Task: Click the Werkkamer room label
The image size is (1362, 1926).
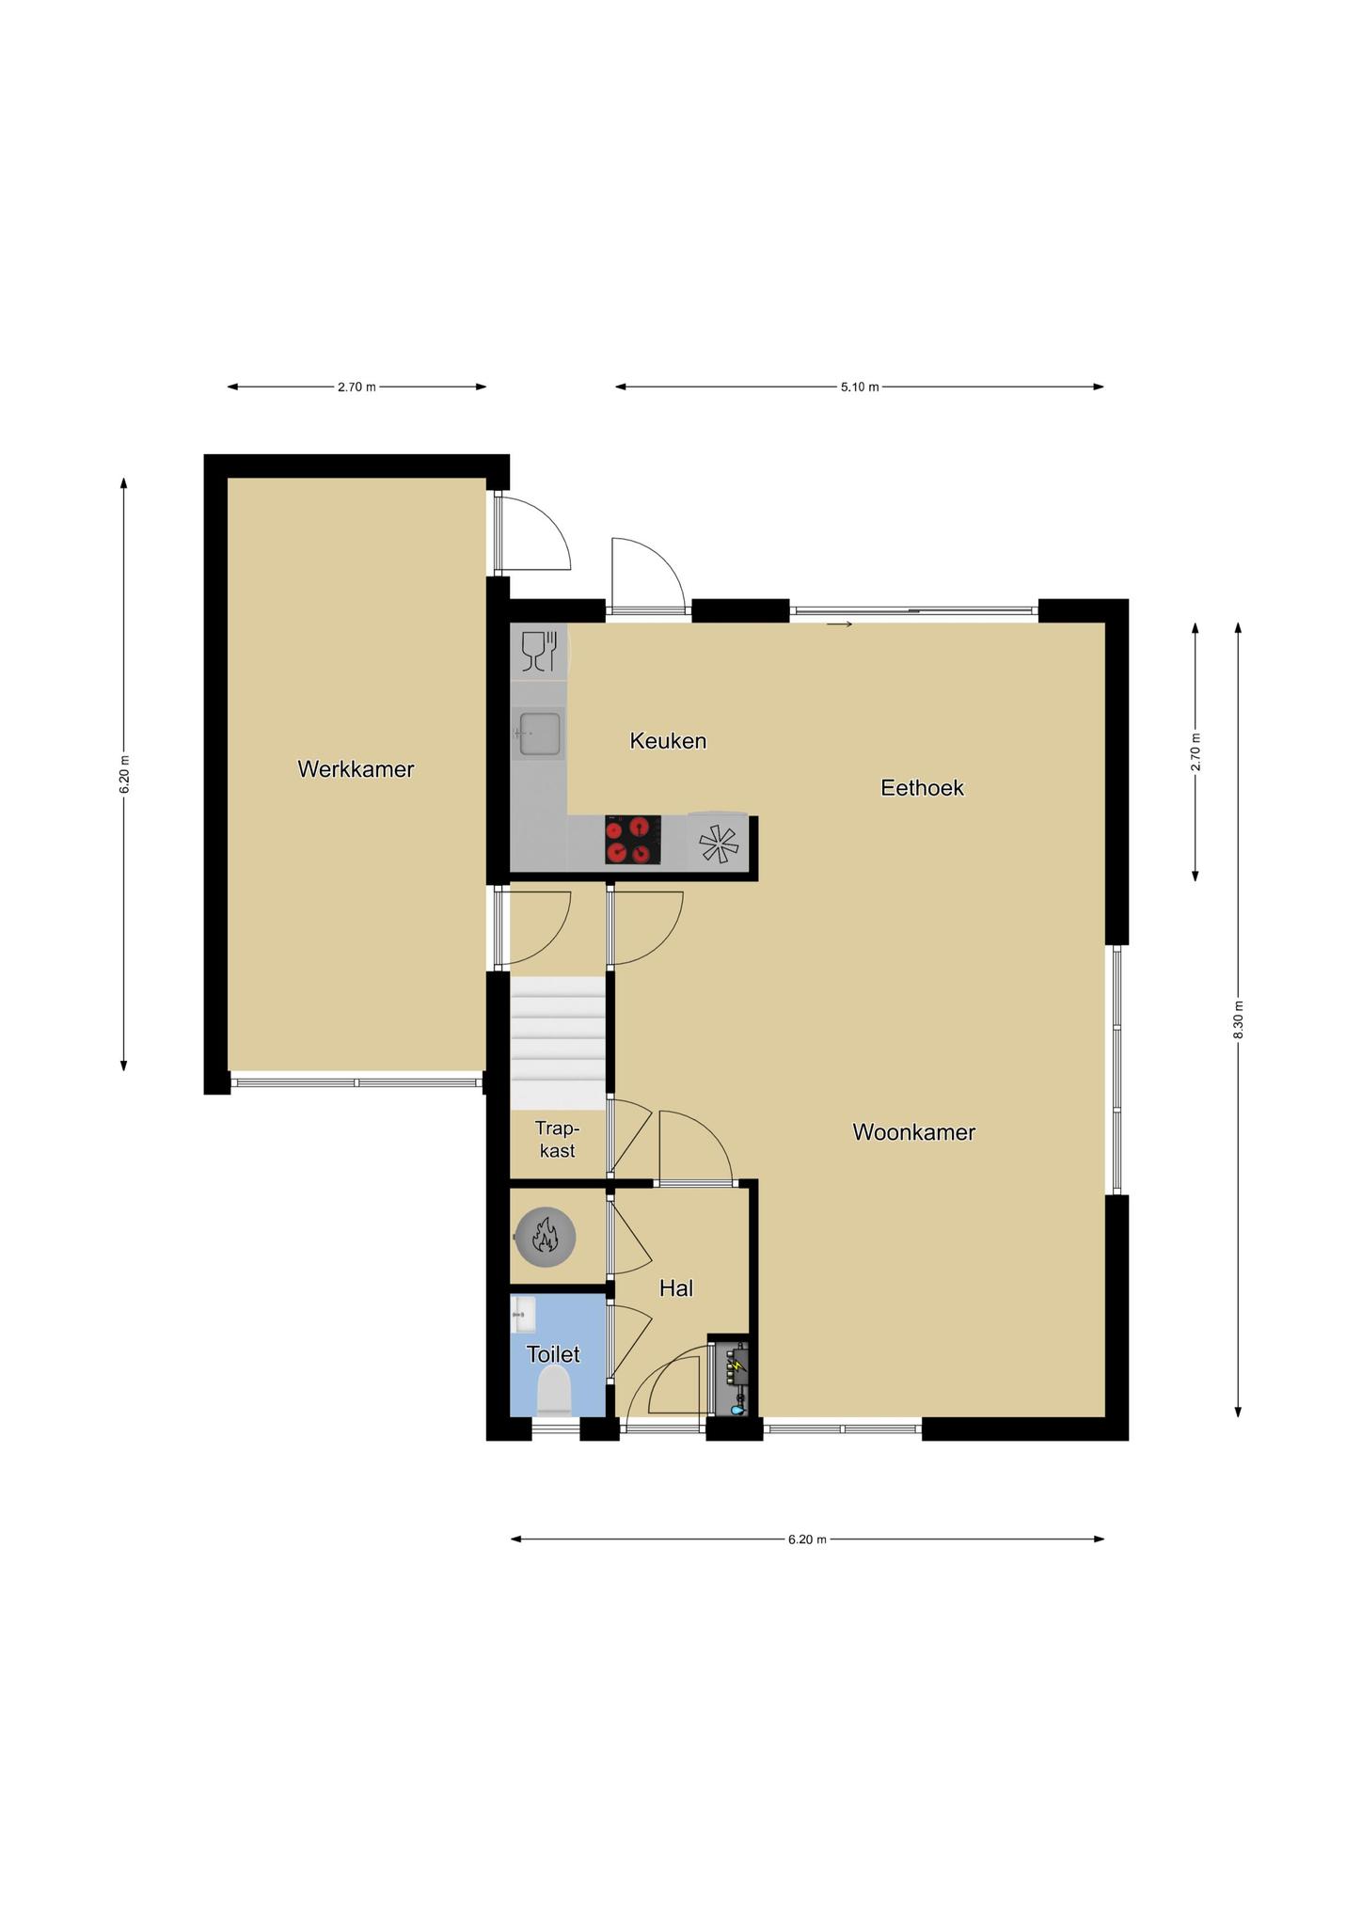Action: tap(356, 769)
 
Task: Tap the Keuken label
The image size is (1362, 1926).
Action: tap(668, 741)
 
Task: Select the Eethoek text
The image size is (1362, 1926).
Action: tap(922, 788)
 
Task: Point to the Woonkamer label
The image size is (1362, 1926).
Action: tap(913, 1132)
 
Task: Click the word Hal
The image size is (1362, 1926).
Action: tap(676, 1288)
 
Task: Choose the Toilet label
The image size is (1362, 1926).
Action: tap(553, 1354)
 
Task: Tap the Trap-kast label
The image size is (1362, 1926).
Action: tap(557, 1139)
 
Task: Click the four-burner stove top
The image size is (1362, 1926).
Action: tap(632, 840)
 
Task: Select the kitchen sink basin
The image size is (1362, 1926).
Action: tap(539, 734)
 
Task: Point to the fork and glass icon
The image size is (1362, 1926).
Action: tap(539, 651)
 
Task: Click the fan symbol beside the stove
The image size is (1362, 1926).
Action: tap(720, 844)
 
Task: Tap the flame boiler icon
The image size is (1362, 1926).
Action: tap(545, 1237)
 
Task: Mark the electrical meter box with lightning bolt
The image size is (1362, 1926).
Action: tap(732, 1376)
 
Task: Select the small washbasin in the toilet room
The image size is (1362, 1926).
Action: tap(523, 1314)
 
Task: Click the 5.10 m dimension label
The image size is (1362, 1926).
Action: tap(860, 387)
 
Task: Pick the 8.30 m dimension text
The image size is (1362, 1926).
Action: tap(1238, 1020)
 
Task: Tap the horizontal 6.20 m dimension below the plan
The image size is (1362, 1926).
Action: tap(807, 1539)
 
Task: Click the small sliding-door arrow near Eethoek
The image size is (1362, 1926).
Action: tap(839, 624)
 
